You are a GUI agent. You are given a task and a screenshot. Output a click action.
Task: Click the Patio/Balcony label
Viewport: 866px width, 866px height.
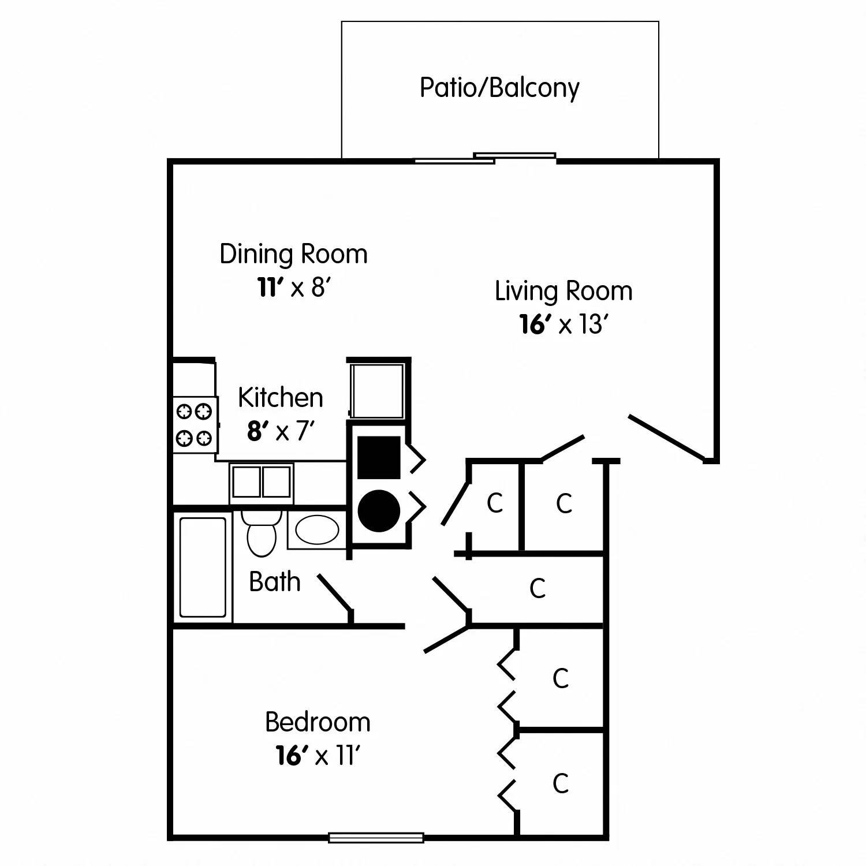(x=499, y=88)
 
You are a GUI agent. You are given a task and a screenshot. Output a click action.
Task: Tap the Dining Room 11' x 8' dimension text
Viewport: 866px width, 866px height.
(x=293, y=287)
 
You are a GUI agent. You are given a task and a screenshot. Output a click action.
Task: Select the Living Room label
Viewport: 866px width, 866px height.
(x=563, y=291)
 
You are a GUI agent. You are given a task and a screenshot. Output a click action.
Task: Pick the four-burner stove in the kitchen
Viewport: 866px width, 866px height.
(x=195, y=425)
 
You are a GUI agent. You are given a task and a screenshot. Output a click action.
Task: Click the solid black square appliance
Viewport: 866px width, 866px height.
(x=379, y=457)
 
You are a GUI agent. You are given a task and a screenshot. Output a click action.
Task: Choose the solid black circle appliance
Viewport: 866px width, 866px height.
(x=379, y=510)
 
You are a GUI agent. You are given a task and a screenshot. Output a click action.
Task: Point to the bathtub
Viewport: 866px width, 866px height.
(x=203, y=568)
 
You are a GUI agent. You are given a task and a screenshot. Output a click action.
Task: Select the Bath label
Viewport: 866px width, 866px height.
(x=274, y=582)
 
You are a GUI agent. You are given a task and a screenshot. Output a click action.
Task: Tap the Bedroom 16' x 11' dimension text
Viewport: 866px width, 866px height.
(x=318, y=755)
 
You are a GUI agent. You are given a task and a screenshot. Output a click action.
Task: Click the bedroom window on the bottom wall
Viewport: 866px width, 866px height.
(x=376, y=838)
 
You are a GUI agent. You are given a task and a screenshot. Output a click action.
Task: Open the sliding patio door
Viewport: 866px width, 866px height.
(x=485, y=158)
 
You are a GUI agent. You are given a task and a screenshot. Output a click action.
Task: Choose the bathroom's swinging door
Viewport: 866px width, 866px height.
(x=334, y=592)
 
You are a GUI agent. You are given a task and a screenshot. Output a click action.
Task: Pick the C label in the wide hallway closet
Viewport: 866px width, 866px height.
(x=537, y=588)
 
